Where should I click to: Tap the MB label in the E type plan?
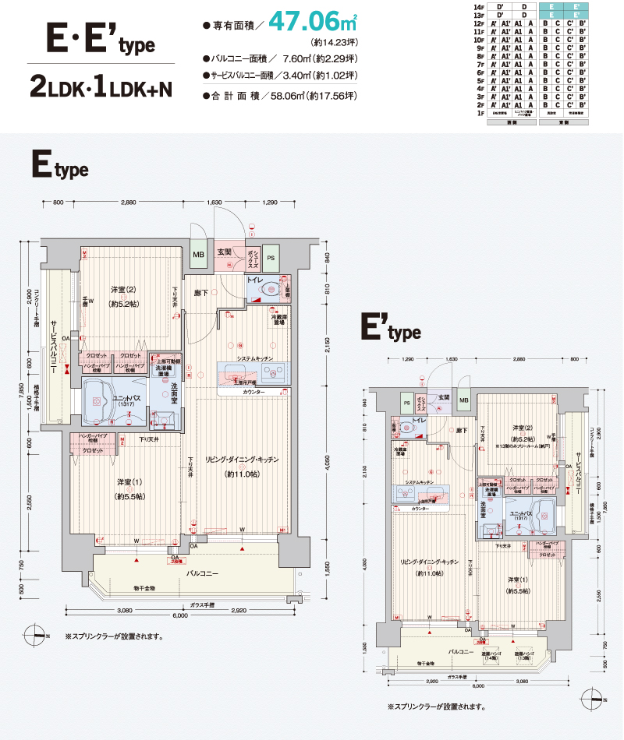click(198, 254)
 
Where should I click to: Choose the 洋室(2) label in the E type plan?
click(124, 290)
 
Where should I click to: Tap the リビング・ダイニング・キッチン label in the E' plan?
click(428, 561)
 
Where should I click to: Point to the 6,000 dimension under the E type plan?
click(180, 615)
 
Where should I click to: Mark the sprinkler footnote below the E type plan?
click(114, 636)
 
